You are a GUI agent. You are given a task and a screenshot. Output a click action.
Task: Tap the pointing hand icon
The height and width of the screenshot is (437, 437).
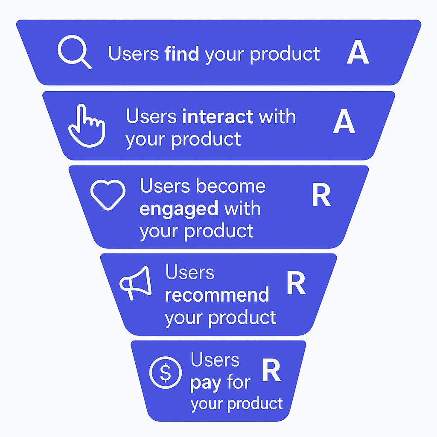click(x=87, y=126)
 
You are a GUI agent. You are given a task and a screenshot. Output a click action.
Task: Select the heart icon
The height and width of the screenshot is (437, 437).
click(x=108, y=195)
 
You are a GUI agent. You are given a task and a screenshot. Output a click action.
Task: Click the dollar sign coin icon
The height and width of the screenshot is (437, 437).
click(x=166, y=373)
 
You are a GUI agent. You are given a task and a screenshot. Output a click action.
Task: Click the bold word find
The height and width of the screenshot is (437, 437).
click(x=181, y=54)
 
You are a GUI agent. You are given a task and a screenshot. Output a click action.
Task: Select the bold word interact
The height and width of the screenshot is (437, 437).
click(x=218, y=117)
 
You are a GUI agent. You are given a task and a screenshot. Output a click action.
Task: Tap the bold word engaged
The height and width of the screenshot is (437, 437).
click(x=179, y=209)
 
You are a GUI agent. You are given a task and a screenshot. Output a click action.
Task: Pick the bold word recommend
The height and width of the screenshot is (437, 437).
click(x=217, y=295)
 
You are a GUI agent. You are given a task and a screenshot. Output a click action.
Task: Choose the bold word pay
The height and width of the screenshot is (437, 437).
click(x=206, y=383)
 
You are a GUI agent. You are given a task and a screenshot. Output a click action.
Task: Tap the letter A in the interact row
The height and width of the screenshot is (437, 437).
click(x=344, y=122)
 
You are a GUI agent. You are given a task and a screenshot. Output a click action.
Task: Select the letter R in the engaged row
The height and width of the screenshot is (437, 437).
click(x=321, y=195)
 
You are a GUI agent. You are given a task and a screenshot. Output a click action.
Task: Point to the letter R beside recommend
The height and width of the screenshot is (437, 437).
click(x=296, y=283)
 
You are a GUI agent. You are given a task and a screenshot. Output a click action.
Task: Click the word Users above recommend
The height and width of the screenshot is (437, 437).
click(x=189, y=273)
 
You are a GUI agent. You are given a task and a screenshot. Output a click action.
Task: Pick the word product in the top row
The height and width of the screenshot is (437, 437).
click(x=285, y=54)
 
